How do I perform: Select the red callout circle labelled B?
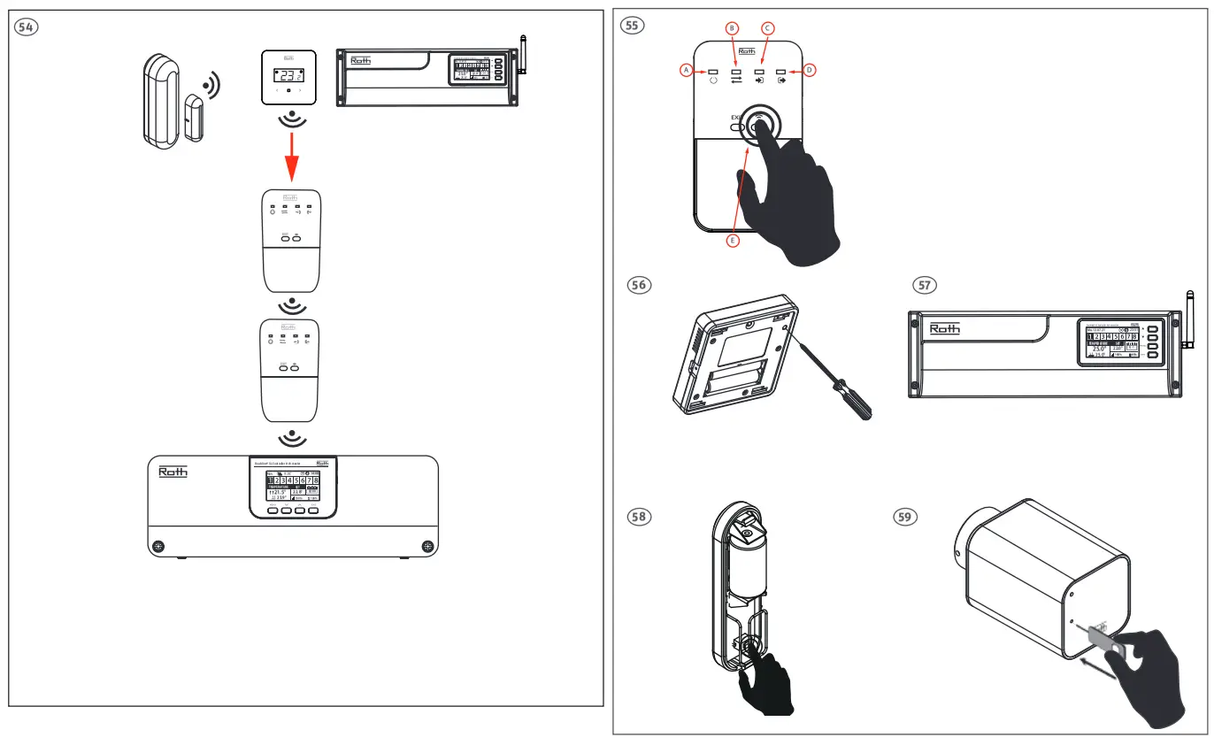(731, 27)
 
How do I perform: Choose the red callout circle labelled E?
(732, 240)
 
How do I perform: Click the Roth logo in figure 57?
(944, 329)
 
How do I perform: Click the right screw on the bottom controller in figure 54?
(428, 546)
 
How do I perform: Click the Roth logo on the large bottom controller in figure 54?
(173, 472)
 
